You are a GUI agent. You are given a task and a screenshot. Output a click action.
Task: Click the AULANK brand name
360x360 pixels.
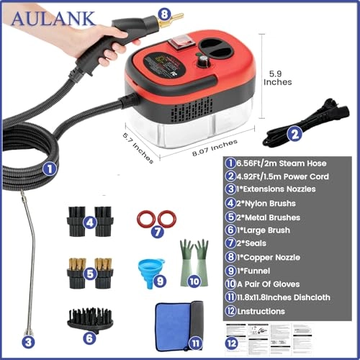tap(49, 16)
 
